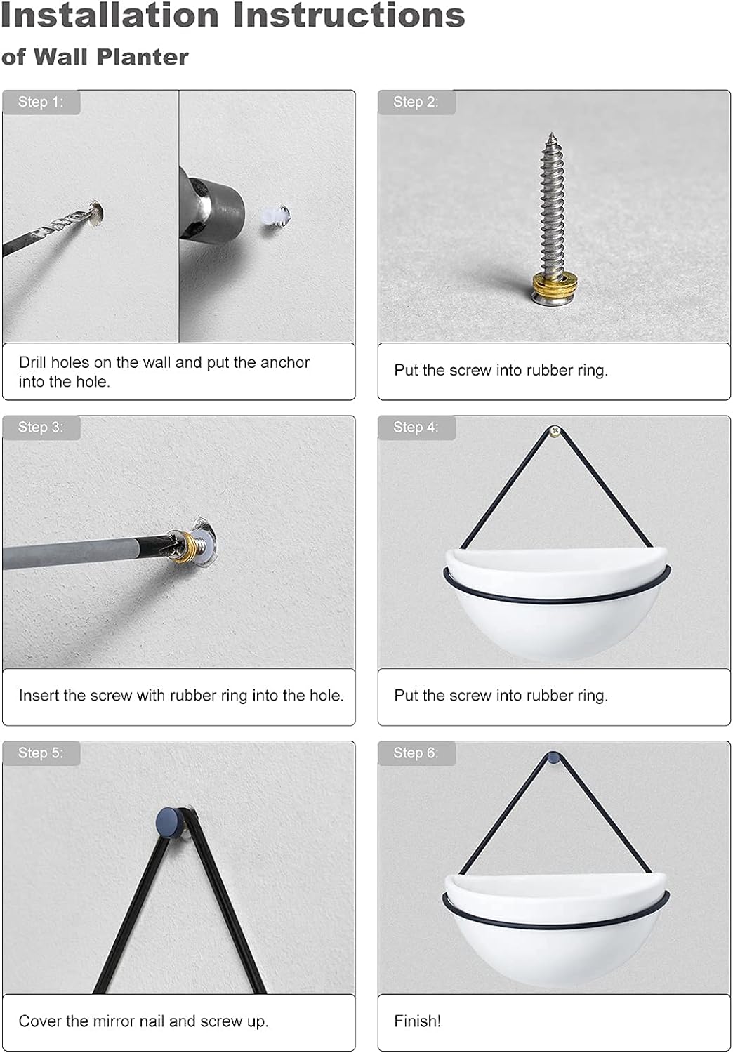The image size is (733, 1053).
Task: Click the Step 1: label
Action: tap(41, 102)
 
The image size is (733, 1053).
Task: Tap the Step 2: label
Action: tap(416, 102)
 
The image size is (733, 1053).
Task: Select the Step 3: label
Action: tap(41, 428)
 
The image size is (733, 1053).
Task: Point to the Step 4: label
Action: tap(416, 428)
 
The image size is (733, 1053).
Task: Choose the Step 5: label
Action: tap(41, 753)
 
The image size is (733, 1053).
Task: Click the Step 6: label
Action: tap(416, 753)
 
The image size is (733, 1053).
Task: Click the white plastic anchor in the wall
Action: tap(274, 216)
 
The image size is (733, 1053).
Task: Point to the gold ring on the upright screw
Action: tap(551, 283)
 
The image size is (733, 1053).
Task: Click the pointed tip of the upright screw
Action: tap(552, 133)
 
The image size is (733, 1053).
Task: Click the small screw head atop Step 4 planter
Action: tap(555, 430)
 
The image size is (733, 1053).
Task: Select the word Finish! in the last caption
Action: tap(418, 1021)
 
